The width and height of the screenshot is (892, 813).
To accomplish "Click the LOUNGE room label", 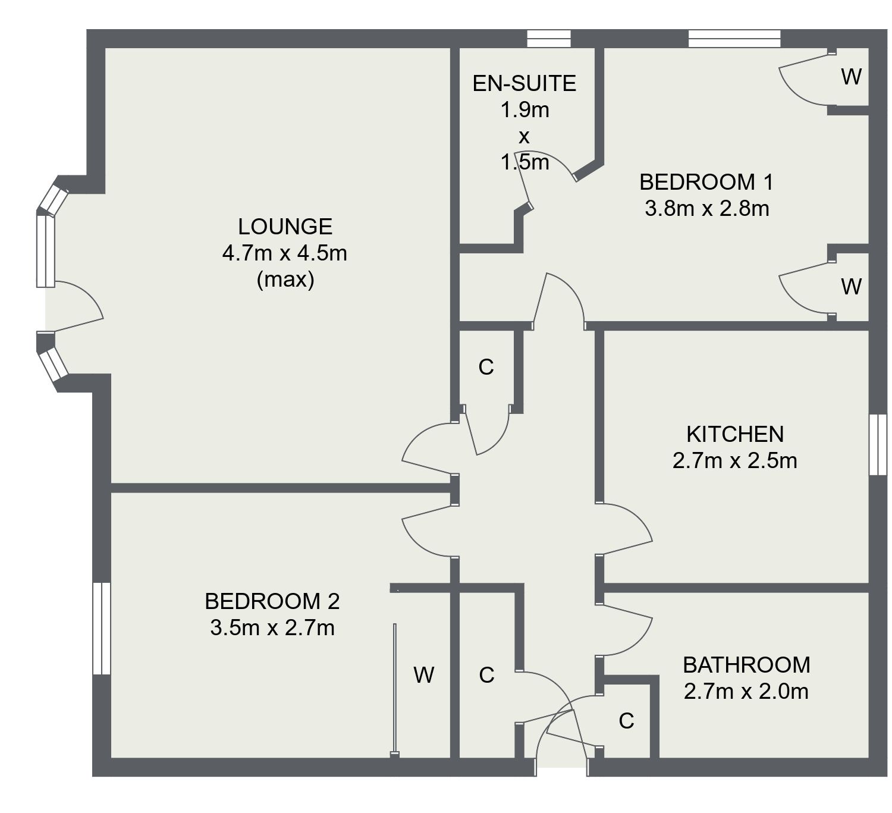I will pos(285,227).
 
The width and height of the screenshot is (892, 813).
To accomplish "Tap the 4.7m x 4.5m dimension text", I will pos(284,253).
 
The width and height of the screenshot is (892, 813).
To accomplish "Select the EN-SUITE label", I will pos(524,83).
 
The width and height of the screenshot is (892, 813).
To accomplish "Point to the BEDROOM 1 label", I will pos(706,182).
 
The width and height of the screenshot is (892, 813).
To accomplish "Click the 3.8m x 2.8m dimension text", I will pos(706,209).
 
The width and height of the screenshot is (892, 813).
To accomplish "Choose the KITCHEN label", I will pos(734,434).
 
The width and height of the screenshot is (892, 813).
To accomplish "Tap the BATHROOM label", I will pos(746,665).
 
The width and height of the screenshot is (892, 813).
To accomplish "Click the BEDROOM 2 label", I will pos(272,601).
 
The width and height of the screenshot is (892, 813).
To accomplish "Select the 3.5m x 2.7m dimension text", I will pos(272,628).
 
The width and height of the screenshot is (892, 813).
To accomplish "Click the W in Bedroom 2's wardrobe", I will pos(423,675).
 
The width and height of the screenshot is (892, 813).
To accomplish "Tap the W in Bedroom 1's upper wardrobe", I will pos(851,77).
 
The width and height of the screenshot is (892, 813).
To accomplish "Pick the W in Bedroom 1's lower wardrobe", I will pos(851,287).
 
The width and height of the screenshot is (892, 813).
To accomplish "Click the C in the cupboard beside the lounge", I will pos(486,368).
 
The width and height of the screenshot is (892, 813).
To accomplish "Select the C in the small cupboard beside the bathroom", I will pos(626,721).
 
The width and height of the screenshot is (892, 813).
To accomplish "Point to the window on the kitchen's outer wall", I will pos(877,444).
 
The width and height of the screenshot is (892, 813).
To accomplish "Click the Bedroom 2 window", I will pos(102,628).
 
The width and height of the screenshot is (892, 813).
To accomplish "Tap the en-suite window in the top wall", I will pos(548,39).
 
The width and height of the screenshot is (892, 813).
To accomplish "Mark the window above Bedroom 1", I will pos(734,39).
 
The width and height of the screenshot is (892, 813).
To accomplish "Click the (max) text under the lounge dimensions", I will pos(285,279).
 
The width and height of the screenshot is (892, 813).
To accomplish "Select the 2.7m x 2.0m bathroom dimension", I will pos(746,692).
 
